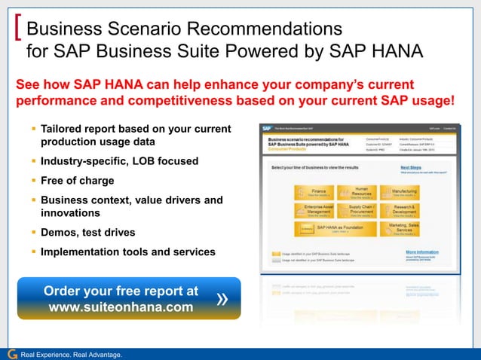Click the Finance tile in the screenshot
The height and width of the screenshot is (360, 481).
314,194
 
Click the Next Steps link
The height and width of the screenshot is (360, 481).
411,168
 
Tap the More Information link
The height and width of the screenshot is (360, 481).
421,252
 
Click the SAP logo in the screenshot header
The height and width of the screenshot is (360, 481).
266,128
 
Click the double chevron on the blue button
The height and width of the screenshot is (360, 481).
222,299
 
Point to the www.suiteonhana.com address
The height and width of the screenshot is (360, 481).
121,307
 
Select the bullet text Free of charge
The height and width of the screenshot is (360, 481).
77,181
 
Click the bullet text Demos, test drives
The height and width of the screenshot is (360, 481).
87,233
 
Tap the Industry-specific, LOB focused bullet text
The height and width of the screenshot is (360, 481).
119,161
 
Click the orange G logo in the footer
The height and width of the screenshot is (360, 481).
11,353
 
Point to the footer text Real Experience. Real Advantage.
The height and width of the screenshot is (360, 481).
71,354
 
